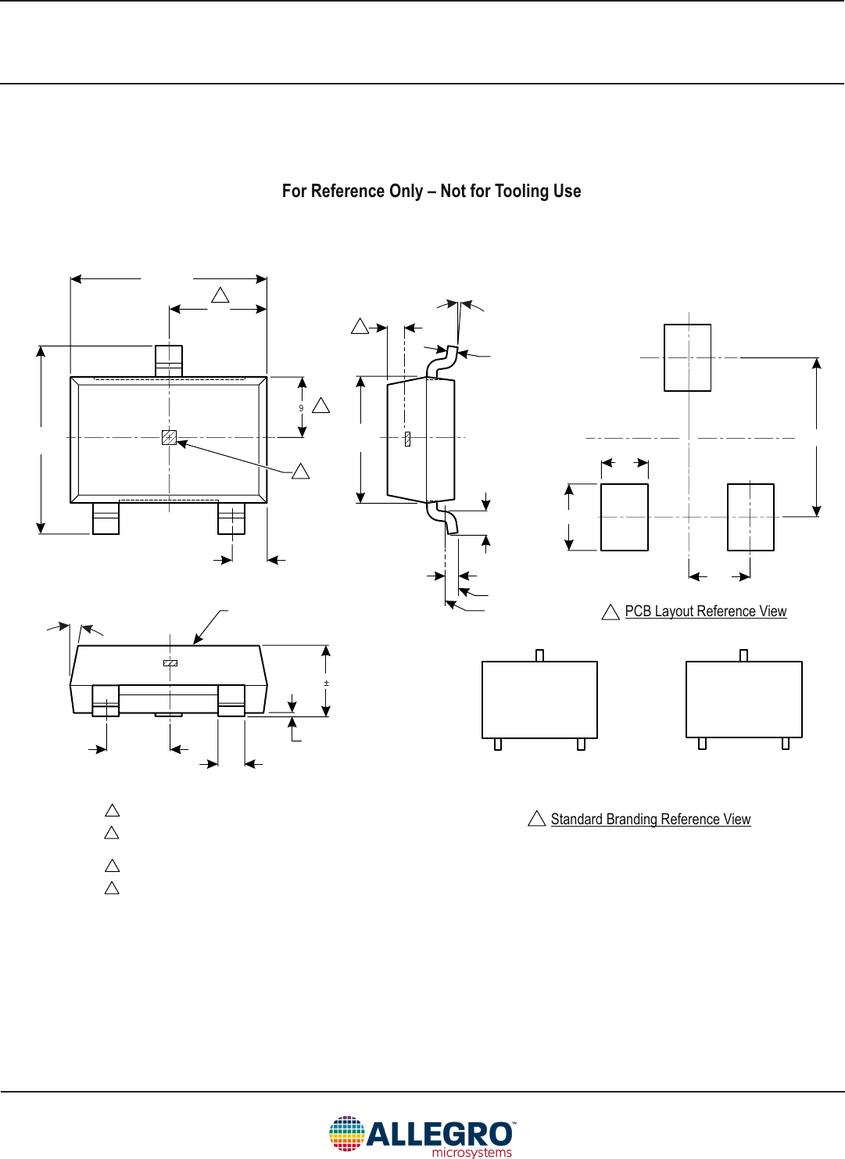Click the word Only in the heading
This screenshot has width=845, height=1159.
(x=406, y=192)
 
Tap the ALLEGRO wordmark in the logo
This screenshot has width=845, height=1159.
(x=439, y=1134)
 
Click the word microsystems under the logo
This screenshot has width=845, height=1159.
(x=471, y=1153)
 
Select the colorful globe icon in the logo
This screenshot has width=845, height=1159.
(x=346, y=1134)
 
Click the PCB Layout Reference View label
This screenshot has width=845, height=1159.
(x=705, y=612)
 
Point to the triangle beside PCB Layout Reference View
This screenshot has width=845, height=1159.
(x=610, y=612)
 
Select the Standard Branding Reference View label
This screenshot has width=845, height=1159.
(x=650, y=820)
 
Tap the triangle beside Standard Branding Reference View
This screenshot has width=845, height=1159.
(x=536, y=819)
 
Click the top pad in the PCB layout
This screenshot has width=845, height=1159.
(x=687, y=357)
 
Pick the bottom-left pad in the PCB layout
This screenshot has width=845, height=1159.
(x=624, y=517)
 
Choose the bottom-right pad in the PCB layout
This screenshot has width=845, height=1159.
(x=750, y=517)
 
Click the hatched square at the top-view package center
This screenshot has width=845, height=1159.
(x=169, y=437)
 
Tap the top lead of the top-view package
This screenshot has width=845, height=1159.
(x=169, y=361)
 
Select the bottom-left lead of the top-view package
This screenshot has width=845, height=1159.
(x=106, y=518)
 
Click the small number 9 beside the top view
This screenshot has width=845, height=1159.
(x=301, y=408)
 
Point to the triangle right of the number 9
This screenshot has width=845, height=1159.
(x=320, y=406)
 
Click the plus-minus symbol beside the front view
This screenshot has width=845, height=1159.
(x=326, y=684)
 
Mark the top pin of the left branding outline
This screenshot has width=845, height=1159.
(x=539, y=655)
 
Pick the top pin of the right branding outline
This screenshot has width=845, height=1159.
(x=743, y=655)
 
